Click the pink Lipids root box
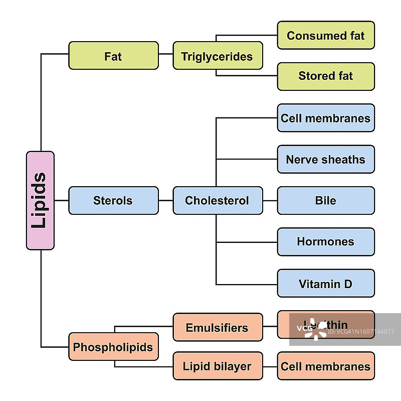40,200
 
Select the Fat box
113,56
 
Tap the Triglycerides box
218,56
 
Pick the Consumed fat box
326,35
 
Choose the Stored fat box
326,76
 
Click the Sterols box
113,201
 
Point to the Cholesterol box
218,201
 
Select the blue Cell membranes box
326,118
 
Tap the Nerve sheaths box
326,160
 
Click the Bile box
326,201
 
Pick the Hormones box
326,242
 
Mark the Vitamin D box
326,284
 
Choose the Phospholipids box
113,347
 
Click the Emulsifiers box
218,327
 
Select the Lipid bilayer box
218,366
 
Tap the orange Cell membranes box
326,366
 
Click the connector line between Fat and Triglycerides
165,53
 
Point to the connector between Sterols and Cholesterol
165,201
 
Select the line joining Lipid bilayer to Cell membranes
270,366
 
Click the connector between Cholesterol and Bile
270,201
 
